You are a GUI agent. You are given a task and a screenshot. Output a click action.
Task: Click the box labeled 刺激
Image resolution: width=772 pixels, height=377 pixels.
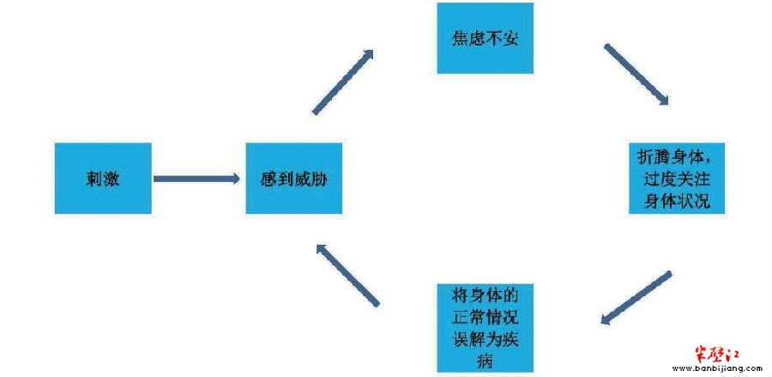[x=103, y=179]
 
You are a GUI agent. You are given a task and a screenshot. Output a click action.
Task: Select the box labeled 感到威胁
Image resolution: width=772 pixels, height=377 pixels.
[x=294, y=179]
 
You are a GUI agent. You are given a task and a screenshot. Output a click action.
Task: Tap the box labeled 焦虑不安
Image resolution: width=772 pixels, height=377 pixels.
[x=486, y=38]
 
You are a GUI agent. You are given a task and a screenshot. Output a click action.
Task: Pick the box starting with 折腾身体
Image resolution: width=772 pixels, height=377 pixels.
[x=677, y=179]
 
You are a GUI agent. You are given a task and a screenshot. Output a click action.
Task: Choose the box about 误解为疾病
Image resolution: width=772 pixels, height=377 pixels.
[x=486, y=328]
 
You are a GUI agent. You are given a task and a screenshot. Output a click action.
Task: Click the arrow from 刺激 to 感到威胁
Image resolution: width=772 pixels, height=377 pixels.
[x=196, y=179]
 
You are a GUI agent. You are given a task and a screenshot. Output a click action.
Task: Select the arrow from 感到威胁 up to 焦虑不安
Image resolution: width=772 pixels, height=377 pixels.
[x=343, y=82]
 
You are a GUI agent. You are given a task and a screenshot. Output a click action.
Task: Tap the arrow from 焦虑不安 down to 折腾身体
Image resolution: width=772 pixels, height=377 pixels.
[x=636, y=75]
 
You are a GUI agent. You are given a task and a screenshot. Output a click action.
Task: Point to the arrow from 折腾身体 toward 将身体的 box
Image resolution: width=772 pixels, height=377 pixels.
[x=636, y=298]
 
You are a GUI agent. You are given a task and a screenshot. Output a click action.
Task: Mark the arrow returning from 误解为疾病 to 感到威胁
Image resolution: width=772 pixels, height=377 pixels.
[x=347, y=275]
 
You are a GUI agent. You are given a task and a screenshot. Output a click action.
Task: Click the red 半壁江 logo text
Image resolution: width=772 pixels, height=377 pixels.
[x=717, y=354]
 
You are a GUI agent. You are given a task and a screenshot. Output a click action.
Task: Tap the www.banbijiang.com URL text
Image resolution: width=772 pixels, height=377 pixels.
[x=717, y=368]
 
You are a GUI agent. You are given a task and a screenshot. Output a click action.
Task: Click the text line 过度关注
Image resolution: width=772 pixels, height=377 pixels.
[x=677, y=179]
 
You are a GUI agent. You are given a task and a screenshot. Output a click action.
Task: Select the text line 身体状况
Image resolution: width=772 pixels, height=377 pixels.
[x=677, y=202]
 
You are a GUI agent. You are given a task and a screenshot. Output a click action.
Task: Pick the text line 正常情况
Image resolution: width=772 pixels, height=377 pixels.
[x=486, y=317]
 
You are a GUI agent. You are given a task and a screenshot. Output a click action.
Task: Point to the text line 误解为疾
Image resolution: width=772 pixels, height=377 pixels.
[x=486, y=339]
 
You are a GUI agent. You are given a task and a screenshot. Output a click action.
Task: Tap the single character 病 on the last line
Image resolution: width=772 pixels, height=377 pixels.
[x=486, y=362]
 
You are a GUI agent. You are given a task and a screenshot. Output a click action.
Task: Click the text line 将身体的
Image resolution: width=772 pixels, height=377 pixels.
[x=486, y=295]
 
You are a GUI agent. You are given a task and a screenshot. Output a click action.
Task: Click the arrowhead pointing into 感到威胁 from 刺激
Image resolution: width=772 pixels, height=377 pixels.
[x=233, y=179]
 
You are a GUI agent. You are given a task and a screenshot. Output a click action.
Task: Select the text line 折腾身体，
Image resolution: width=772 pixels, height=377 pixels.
[x=677, y=156]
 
